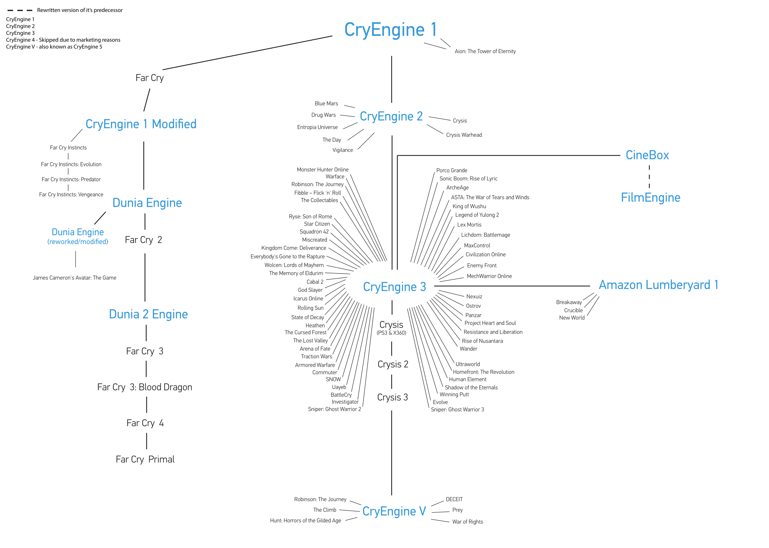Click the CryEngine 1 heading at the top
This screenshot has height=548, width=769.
pos(391,30)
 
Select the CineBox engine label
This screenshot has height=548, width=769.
pos(647,155)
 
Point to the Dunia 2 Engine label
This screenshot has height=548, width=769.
pos(148,314)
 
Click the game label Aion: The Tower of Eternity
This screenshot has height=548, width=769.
pos(485,51)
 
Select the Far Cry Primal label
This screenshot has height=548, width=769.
pos(145,459)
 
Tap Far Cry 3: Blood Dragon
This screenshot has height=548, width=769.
pos(144,387)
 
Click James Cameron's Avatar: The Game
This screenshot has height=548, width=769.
pos(74,278)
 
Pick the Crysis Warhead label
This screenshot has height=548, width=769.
pos(464,135)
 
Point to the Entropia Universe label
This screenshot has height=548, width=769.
pos(317,127)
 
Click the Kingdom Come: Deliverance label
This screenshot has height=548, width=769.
pos(294,248)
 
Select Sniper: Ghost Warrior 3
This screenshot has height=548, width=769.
pos(457,410)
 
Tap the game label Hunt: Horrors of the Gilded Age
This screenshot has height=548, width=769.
pos(305,521)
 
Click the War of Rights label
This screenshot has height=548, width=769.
pos(467,522)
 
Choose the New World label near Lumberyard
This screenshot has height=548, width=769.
pos(572,318)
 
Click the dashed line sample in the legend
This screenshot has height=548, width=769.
pos(20,11)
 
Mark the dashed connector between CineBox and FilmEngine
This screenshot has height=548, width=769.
pos(649,177)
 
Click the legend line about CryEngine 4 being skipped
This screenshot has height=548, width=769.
pos(63,40)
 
